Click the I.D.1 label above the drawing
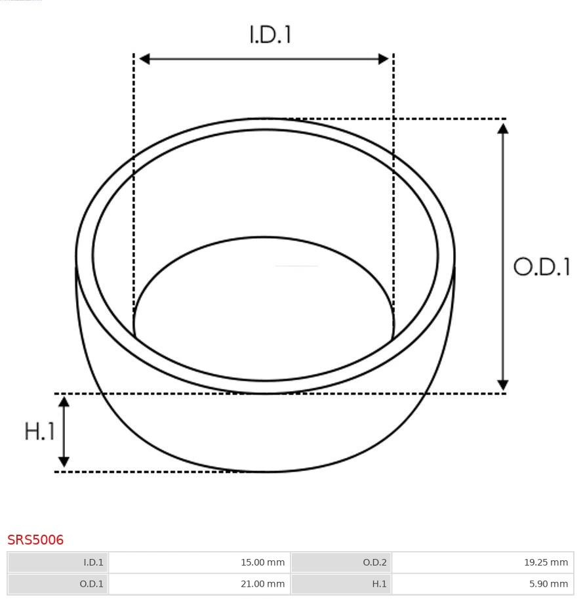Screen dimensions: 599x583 point(270,34)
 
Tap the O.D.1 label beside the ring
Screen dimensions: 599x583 point(542,267)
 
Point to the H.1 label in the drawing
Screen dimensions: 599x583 point(39,431)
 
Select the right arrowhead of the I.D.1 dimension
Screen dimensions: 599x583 point(384,59)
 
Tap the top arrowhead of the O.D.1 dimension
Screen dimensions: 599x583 point(502,127)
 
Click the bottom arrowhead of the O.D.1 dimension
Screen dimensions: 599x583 point(502,385)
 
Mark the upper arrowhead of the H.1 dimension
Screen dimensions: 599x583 point(64,402)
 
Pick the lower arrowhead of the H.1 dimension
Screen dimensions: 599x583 point(64,462)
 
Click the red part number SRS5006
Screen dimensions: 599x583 point(35,540)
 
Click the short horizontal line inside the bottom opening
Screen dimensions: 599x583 point(296,266)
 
